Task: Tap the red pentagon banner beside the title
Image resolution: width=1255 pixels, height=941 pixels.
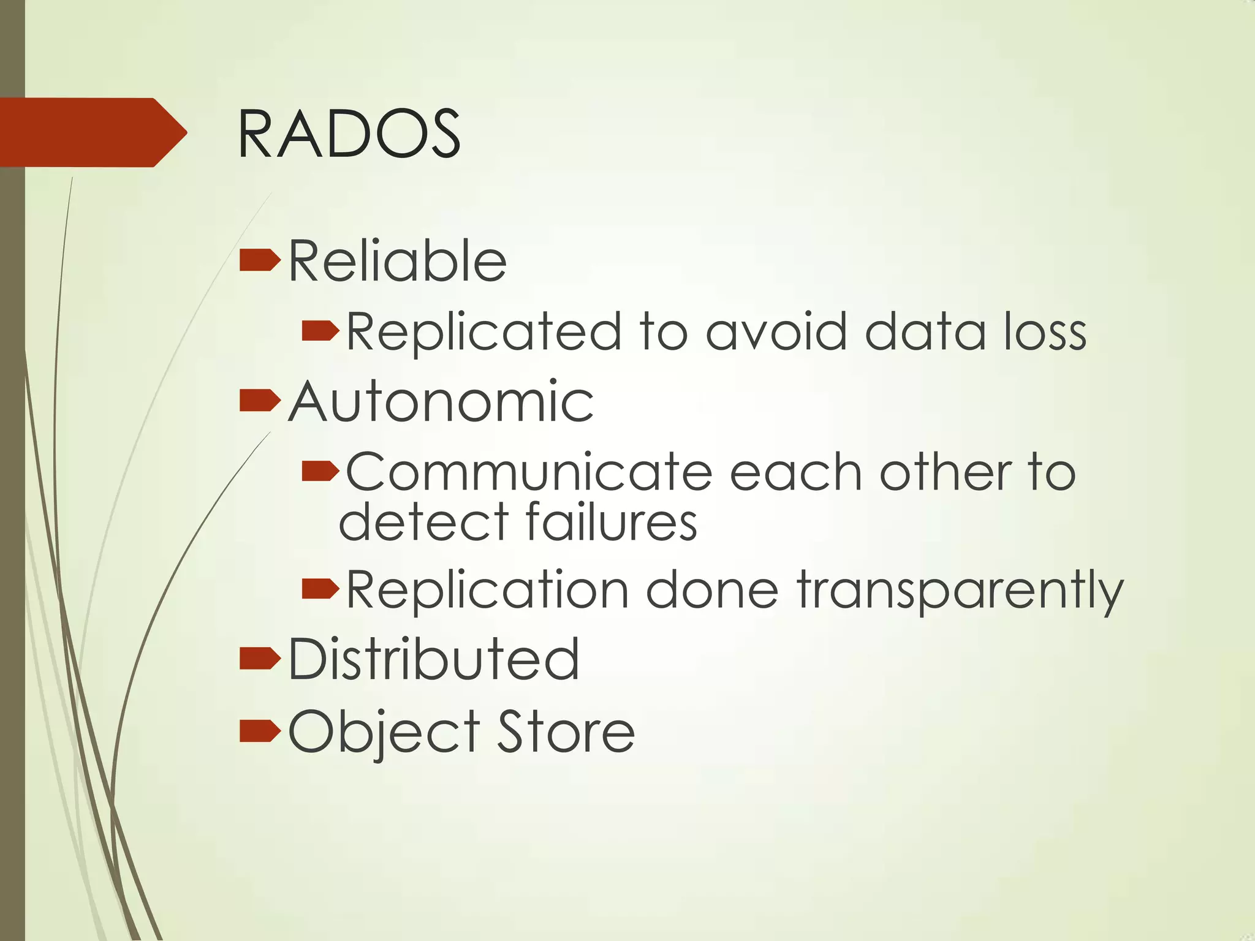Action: point(92,132)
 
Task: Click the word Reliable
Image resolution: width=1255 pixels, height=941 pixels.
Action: point(397,262)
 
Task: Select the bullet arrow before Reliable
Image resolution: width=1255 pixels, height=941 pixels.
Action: point(260,260)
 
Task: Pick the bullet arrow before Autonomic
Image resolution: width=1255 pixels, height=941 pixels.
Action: point(260,401)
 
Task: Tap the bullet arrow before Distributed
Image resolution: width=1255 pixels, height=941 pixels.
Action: point(260,658)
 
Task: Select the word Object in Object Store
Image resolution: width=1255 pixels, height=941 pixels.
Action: point(384,732)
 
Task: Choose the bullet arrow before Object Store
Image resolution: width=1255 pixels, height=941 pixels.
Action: point(260,730)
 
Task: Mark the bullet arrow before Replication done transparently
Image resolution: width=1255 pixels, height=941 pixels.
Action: point(320,589)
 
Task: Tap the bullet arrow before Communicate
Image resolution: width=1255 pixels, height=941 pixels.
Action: point(320,471)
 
